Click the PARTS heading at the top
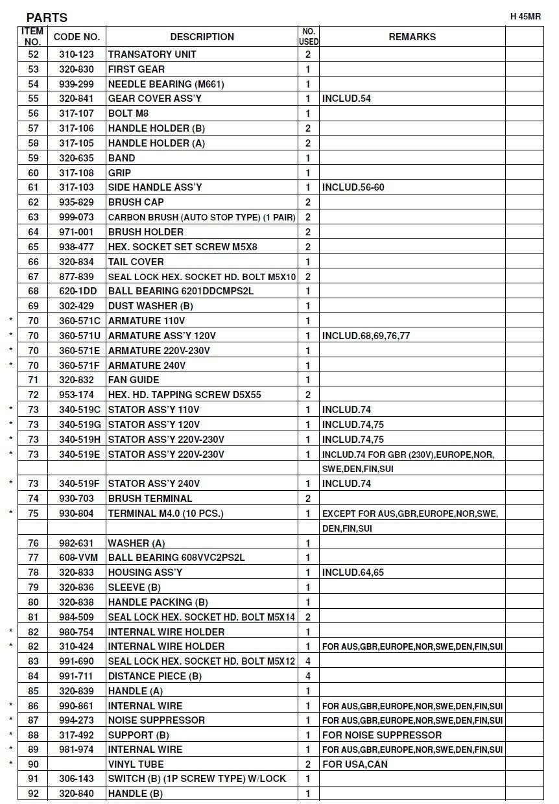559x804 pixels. click(x=47, y=18)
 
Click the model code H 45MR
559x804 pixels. click(x=526, y=17)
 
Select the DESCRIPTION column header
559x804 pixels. click(x=202, y=37)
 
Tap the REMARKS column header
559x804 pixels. click(x=412, y=37)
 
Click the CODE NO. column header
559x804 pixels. click(x=77, y=37)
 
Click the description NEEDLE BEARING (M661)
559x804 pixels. click(x=166, y=84)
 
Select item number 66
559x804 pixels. click(x=34, y=262)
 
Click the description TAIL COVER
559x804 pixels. click(x=136, y=262)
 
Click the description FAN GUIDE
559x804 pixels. click(x=133, y=380)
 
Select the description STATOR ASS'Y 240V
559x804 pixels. click(x=154, y=484)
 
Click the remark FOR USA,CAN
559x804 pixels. click(x=355, y=764)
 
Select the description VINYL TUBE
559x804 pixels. click(x=136, y=764)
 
